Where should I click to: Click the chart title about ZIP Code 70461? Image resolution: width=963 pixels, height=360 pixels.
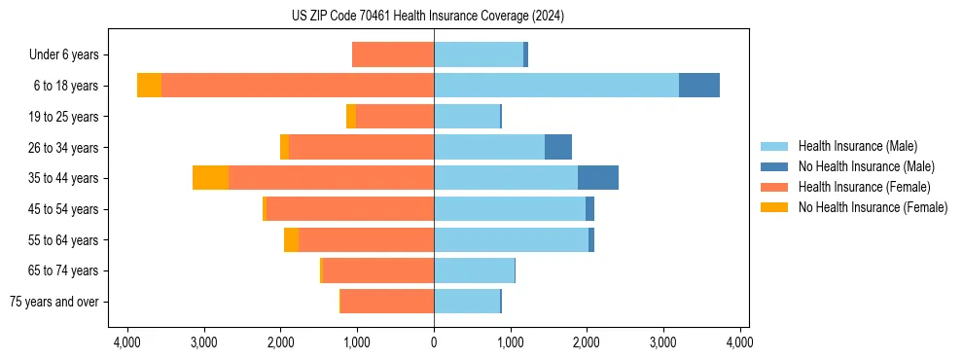click(427, 17)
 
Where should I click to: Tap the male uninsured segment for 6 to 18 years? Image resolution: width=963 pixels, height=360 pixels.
click(698, 86)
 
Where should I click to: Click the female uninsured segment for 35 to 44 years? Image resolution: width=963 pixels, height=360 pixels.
click(210, 178)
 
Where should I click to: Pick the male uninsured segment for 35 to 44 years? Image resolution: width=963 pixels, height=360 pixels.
click(597, 178)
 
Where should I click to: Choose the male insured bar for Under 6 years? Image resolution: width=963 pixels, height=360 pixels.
click(479, 54)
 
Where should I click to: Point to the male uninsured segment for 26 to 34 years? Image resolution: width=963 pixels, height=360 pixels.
click(557, 147)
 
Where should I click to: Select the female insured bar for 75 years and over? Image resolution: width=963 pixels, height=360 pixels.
click(387, 302)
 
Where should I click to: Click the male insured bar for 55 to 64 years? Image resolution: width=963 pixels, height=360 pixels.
click(511, 239)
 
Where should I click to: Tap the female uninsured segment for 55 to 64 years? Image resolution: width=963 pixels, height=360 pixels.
click(291, 239)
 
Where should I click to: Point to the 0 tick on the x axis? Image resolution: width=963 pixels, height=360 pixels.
click(434, 342)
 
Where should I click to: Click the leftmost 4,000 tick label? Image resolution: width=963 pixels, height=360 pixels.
click(127, 342)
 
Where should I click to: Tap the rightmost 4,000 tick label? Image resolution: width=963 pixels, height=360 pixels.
click(739, 342)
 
